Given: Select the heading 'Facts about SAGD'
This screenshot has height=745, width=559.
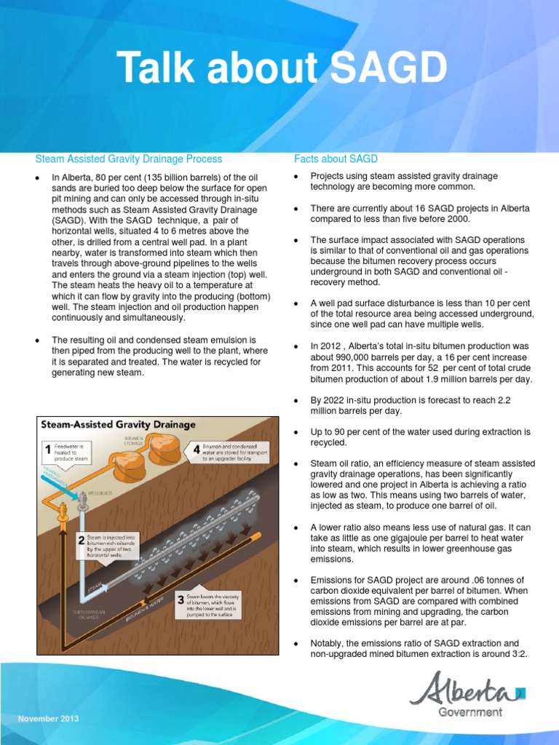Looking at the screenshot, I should (x=336, y=159).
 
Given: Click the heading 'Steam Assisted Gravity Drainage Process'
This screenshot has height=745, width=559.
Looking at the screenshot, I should (x=129, y=159).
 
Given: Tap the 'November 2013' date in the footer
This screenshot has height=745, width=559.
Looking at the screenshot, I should (x=49, y=719).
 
